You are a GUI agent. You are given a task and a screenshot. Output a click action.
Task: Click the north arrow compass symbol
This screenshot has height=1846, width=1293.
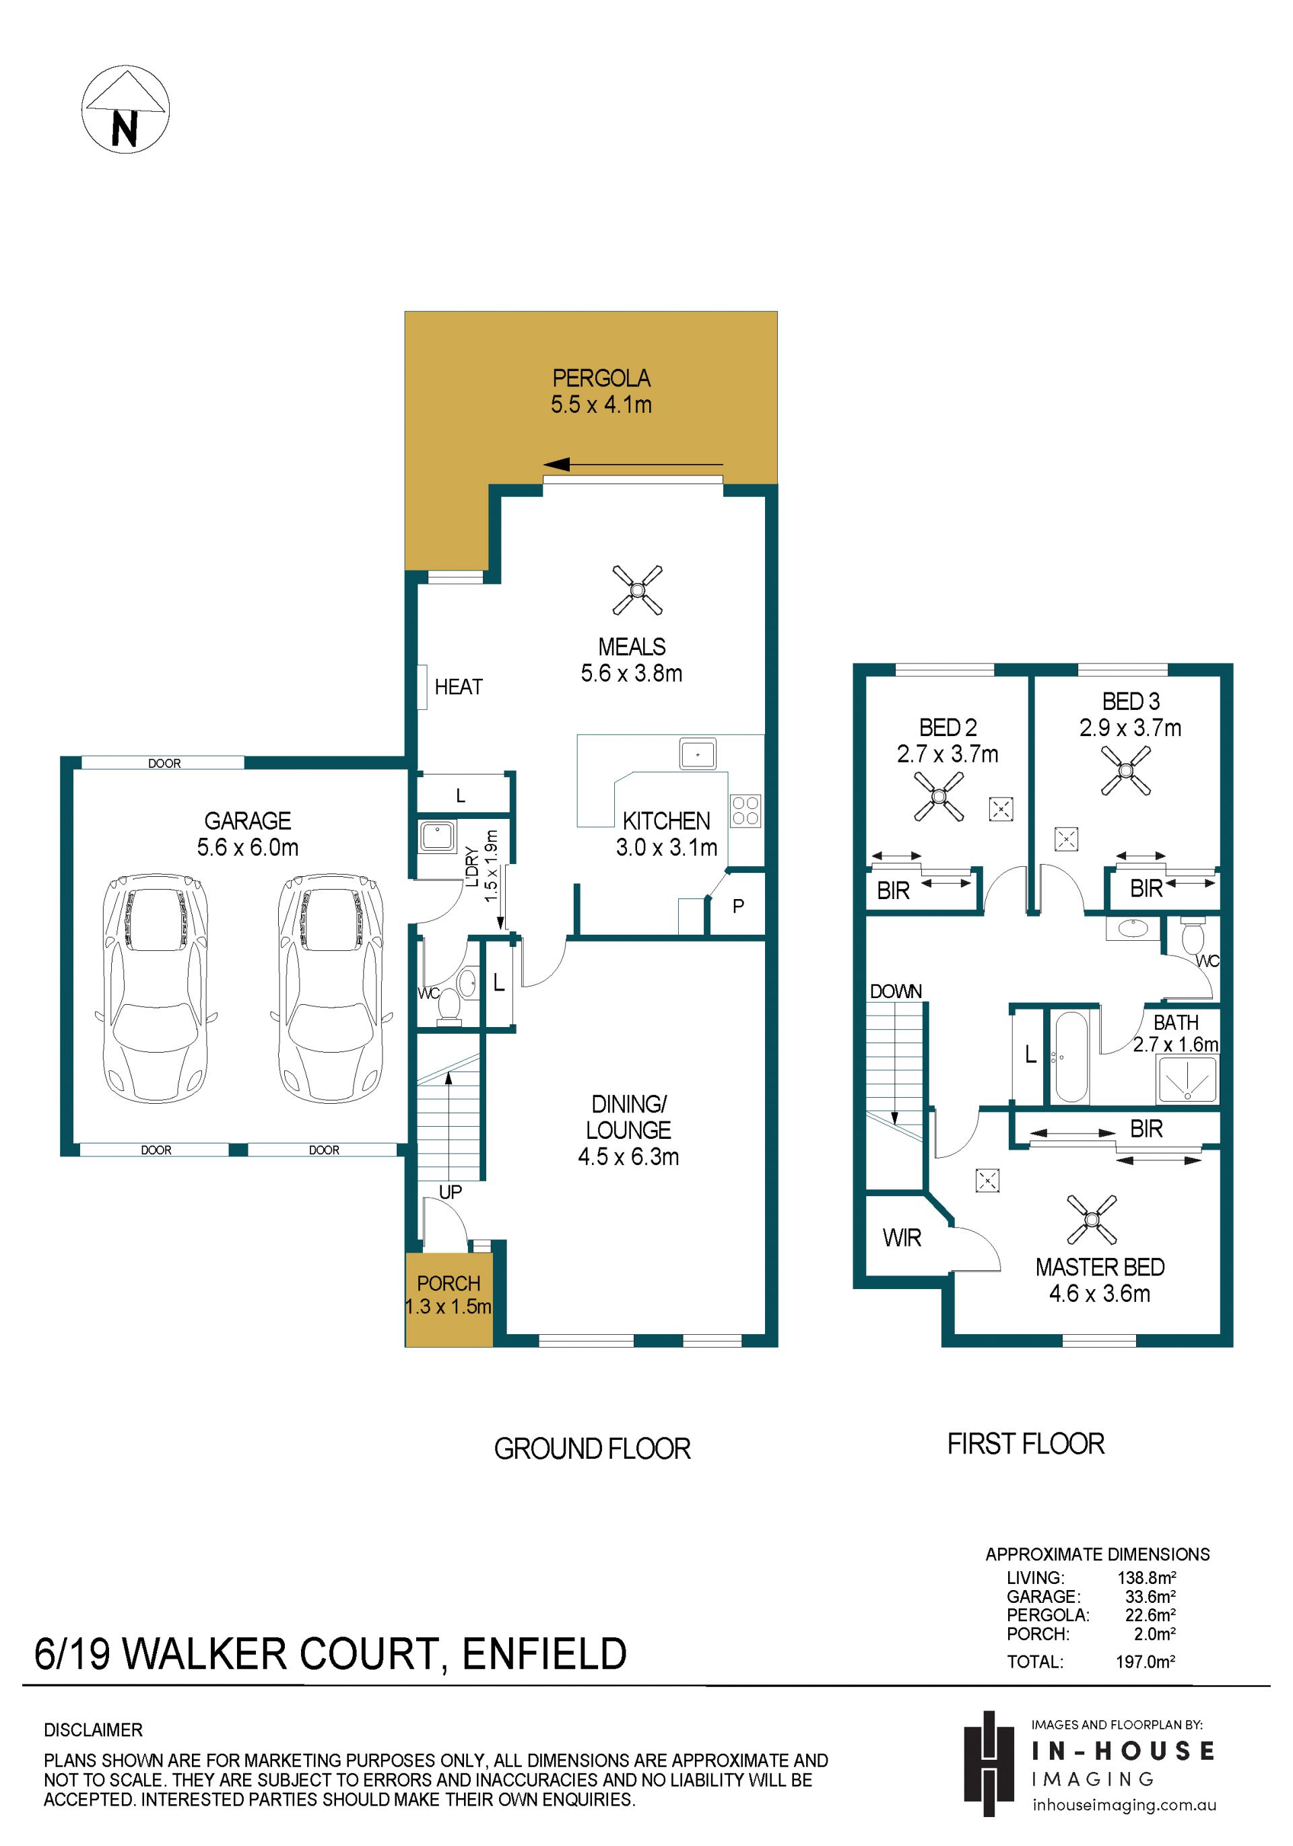coord(125,109)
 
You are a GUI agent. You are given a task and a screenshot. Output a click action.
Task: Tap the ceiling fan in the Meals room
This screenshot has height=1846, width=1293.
coord(637,590)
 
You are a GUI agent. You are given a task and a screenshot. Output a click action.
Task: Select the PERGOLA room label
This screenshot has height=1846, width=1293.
coord(601,378)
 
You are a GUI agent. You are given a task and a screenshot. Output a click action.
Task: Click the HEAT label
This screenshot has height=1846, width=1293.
coord(459,687)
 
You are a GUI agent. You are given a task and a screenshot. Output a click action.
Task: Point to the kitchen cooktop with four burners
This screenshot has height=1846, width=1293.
coord(745,810)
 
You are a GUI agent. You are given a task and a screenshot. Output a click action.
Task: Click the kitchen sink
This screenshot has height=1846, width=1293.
coord(697,754)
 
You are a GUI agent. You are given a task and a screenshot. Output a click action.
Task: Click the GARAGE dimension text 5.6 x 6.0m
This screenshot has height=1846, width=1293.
coord(248,847)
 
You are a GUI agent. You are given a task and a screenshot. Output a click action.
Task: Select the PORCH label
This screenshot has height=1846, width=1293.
coord(449,1283)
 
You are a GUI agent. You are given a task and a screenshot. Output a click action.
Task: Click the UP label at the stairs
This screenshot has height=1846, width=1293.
coord(451,1191)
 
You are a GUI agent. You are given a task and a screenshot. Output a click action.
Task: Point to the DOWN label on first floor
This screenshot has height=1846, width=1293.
coord(896,991)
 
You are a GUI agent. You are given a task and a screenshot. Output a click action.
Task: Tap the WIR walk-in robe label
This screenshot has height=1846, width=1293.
coord(902,1238)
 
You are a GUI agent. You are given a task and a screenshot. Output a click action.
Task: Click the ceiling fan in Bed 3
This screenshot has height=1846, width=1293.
coord(1126,770)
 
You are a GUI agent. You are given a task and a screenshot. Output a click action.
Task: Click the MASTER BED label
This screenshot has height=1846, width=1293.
coord(1100,1267)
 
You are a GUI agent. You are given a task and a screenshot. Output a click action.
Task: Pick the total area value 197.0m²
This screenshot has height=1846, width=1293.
coord(1145,1661)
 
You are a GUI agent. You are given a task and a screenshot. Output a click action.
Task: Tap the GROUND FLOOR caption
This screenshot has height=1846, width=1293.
coord(593,1449)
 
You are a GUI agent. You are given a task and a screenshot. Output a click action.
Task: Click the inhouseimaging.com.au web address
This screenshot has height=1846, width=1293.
coord(1124,1804)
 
